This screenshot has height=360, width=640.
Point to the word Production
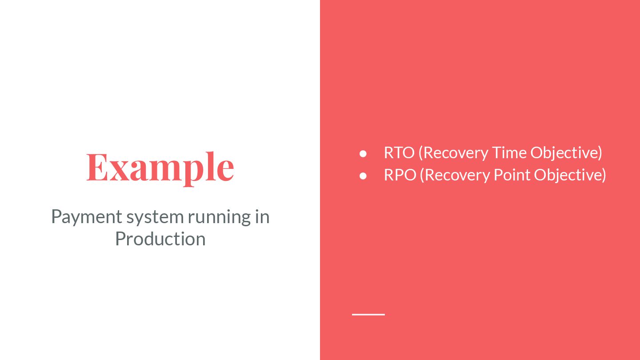click(160, 239)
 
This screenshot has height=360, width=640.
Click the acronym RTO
click(399, 153)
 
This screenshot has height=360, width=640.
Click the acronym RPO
click(400, 175)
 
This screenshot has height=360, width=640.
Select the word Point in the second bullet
click(512, 175)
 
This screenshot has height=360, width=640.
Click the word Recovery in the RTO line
click(456, 153)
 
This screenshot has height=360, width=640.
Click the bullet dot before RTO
click(363, 153)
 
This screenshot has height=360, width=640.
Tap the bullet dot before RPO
click(363, 176)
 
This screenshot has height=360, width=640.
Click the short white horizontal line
click(368, 314)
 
